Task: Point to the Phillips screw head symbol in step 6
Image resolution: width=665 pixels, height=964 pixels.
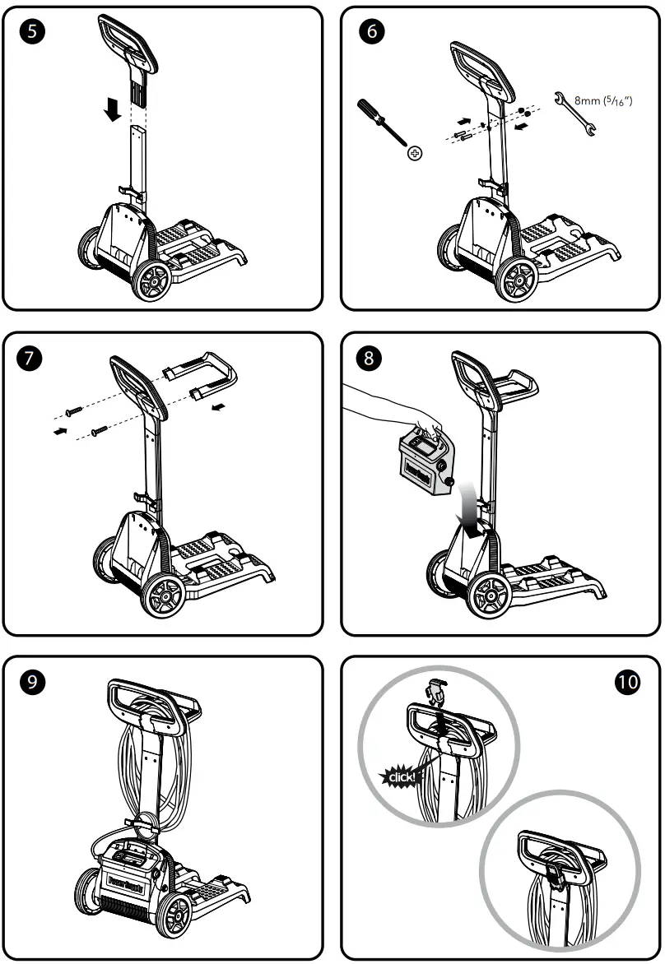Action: point(416,154)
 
